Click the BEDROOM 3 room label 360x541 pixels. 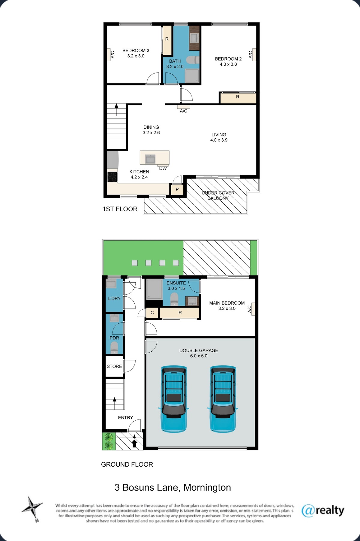click(136, 50)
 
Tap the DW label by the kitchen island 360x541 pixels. click(163, 168)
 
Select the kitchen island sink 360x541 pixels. click(150, 159)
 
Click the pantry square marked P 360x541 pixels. click(177, 189)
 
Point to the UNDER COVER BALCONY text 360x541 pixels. click(218, 195)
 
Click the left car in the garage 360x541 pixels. click(174, 399)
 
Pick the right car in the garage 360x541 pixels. click(223, 399)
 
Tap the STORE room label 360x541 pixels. click(114, 366)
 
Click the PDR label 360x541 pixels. click(114, 338)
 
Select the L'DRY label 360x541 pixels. click(114, 299)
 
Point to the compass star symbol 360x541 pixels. click(32, 508)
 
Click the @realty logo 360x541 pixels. click(323, 510)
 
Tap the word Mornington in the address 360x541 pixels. click(207, 488)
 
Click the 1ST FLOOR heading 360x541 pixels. click(120, 209)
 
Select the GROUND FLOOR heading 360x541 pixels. click(127, 464)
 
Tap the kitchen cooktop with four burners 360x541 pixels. click(112, 176)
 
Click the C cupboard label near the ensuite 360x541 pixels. click(152, 313)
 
